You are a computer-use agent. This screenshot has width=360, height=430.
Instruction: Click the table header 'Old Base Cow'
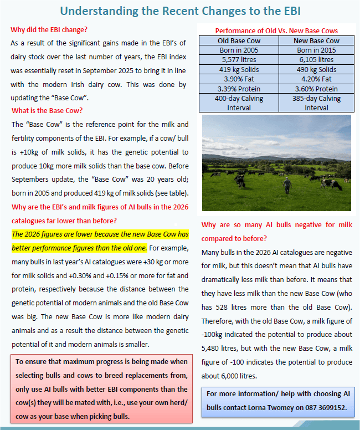click(x=239, y=40)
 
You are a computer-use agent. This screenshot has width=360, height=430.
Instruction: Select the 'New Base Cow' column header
click(x=316, y=40)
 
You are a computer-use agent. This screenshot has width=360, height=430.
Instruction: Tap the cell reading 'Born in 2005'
click(x=239, y=50)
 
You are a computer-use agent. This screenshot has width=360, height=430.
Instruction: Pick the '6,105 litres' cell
click(x=316, y=59)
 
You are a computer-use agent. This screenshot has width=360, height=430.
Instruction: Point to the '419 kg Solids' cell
click(x=239, y=69)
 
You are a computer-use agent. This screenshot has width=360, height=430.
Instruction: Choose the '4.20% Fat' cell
click(x=316, y=79)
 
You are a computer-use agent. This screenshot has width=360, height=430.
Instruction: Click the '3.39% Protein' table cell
click(x=239, y=89)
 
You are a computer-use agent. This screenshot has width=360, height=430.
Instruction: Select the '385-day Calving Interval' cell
click(x=316, y=103)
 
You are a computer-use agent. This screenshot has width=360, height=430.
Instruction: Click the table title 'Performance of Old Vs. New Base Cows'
click(x=276, y=30)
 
